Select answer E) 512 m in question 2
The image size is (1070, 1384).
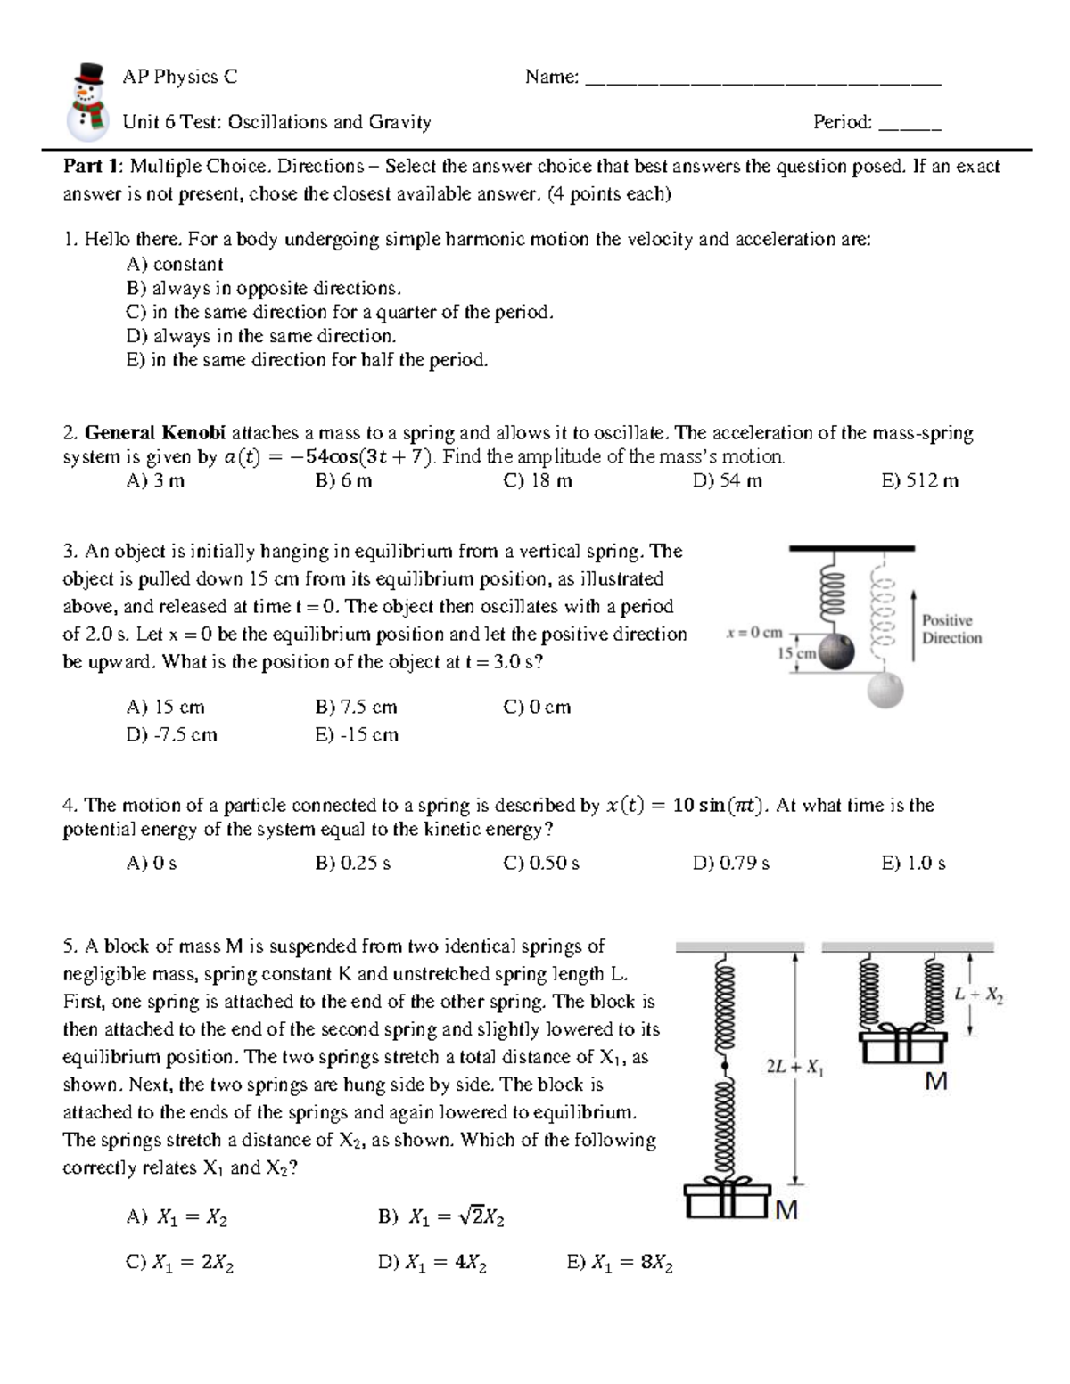[x=919, y=481]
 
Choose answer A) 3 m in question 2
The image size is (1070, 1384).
[x=156, y=481]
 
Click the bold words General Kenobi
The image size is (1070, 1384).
[x=156, y=433]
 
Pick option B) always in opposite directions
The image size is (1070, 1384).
[x=264, y=288]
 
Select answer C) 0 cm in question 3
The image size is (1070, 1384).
[x=537, y=707]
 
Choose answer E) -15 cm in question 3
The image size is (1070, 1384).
[x=357, y=734]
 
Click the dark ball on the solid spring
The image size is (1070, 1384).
[x=835, y=651]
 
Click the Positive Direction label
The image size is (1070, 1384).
[x=951, y=629]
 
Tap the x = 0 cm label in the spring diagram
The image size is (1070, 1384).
[x=754, y=633]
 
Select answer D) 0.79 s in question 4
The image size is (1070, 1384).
[x=730, y=863]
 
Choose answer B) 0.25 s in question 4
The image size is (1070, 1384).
[x=353, y=863]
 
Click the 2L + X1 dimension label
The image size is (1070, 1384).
[x=794, y=1067]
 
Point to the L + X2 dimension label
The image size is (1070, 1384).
[x=979, y=995]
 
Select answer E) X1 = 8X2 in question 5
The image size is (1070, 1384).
[x=620, y=1263]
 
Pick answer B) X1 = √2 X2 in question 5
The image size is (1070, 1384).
[x=442, y=1217]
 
